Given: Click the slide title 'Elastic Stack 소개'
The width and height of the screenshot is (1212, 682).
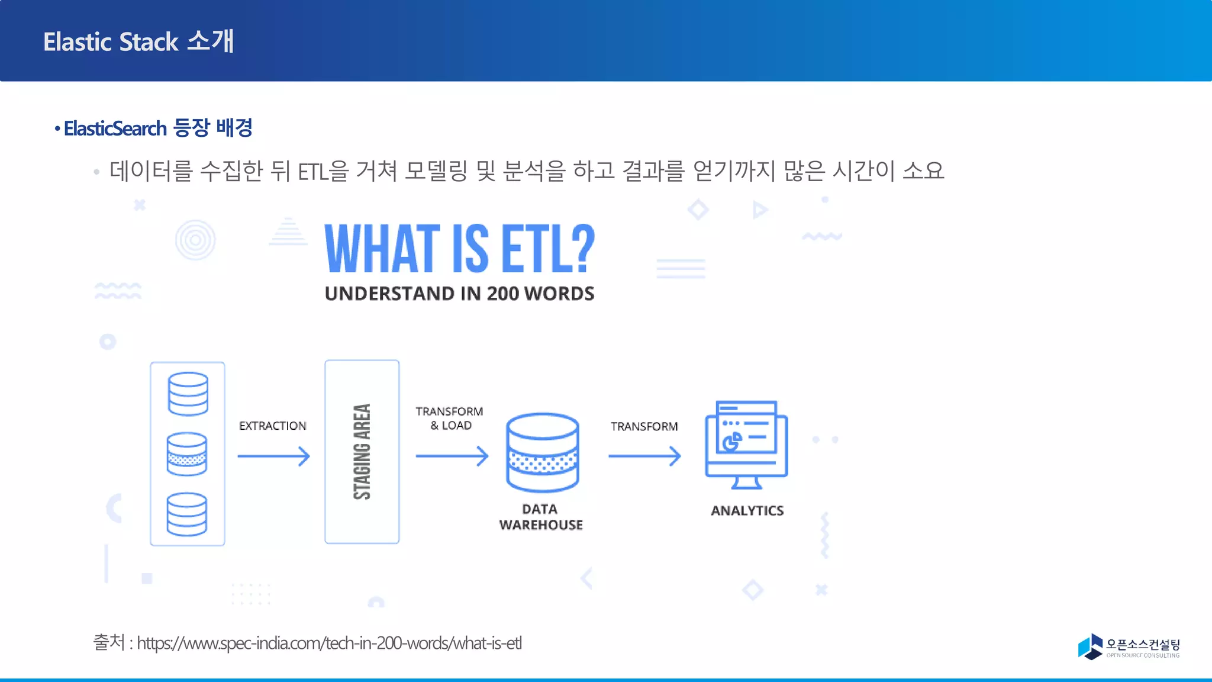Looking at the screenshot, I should [x=138, y=41].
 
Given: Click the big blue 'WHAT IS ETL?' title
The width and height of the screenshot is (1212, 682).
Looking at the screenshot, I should [x=459, y=249].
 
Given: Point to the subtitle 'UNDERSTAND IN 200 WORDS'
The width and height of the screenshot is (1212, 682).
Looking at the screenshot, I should [x=459, y=294].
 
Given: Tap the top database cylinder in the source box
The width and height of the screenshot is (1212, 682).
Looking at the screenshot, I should [x=188, y=394].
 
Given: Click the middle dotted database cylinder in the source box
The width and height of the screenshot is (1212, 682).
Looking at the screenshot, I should [x=187, y=454].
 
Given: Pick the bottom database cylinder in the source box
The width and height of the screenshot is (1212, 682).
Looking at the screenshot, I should [x=187, y=514].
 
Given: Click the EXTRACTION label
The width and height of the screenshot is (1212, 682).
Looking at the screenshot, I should [x=273, y=426].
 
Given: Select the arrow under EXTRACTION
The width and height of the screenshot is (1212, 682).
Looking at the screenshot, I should [x=273, y=456].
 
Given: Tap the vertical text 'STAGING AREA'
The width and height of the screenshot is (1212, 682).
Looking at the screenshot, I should [x=362, y=452].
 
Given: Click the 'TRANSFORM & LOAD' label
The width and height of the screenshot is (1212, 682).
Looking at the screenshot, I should [x=450, y=418].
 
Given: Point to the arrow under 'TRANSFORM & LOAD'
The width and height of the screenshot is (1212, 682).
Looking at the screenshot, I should [x=452, y=456].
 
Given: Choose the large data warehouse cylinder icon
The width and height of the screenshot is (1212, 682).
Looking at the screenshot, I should [x=542, y=453].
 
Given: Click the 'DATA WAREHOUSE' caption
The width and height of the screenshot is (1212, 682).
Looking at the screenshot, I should [x=541, y=517].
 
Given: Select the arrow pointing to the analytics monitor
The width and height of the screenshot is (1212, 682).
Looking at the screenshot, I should [x=644, y=456].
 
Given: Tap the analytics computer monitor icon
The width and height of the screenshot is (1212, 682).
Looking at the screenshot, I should [x=746, y=444].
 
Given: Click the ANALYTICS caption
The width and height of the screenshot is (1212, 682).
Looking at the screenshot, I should [x=747, y=510].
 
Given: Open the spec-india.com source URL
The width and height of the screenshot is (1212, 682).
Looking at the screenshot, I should [x=329, y=643].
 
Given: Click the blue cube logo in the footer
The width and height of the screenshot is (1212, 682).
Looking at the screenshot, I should [x=1090, y=646].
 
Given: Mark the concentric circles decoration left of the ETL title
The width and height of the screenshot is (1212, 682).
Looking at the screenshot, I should [x=195, y=240].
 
